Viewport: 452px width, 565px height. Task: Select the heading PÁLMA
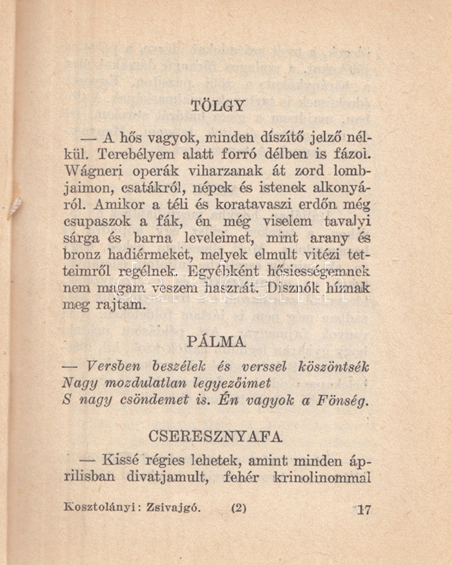[x=217, y=342]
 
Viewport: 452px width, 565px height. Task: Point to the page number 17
[x=363, y=509]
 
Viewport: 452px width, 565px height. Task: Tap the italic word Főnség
[x=340, y=400]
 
